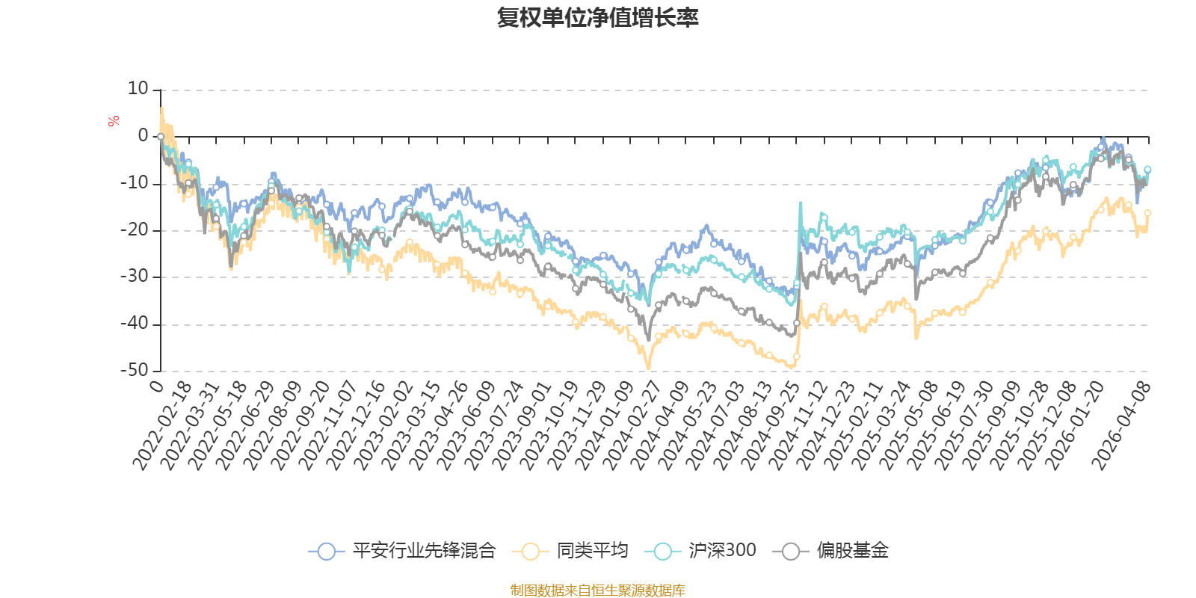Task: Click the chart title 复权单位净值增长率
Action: (597, 18)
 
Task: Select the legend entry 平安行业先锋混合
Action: (402, 550)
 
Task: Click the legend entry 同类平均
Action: (570, 550)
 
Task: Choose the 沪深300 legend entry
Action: (700, 550)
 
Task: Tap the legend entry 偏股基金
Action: (830, 550)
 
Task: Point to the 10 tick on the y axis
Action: (138, 89)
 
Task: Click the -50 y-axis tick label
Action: (134, 371)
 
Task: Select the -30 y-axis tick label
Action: (134, 277)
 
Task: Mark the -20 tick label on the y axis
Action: (134, 230)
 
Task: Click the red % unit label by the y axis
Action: (113, 121)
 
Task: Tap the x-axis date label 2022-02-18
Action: (161, 426)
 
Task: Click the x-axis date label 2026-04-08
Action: (1121, 426)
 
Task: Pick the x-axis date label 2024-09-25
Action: (769, 426)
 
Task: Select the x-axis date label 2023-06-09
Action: (466, 426)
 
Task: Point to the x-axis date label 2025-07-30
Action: (964, 426)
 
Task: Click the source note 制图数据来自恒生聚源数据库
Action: (597, 590)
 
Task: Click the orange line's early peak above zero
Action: (161, 108)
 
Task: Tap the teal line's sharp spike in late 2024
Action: (801, 203)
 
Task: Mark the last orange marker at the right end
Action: (1147, 213)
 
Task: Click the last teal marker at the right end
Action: (1147, 170)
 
